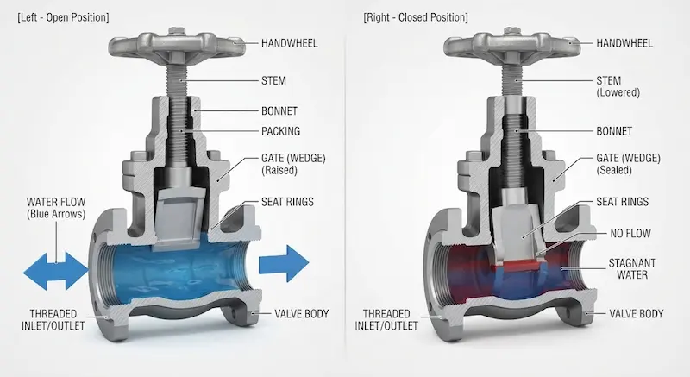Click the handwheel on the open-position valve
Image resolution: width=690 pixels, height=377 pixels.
tap(177, 45)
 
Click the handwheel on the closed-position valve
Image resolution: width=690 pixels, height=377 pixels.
tap(511, 45)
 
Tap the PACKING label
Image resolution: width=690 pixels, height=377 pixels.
tap(281, 131)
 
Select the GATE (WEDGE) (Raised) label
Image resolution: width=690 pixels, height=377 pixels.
tap(293, 164)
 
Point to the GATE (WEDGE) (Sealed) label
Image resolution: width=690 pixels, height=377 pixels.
tap(628, 164)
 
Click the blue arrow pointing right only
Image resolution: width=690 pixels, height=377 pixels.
tap(284, 263)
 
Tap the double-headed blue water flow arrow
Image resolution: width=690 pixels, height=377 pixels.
tap(56, 271)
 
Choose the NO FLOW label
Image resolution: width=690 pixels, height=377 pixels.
tap(630, 234)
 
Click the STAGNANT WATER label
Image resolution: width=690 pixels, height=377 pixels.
tap(632, 269)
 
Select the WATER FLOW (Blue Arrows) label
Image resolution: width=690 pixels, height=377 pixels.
tap(56, 208)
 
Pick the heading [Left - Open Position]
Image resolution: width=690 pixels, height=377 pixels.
tap(63, 17)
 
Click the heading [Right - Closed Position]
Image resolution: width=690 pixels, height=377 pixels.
tap(416, 17)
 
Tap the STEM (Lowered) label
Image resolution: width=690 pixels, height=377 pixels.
tap(618, 86)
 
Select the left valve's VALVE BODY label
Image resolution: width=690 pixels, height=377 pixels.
tap(301, 314)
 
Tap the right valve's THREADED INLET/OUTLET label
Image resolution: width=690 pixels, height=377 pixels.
tap(386, 320)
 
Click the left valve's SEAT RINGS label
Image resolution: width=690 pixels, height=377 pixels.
tap(287, 202)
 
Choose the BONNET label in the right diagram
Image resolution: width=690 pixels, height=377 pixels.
tap(614, 131)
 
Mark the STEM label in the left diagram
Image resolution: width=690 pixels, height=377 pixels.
tap(273, 80)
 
